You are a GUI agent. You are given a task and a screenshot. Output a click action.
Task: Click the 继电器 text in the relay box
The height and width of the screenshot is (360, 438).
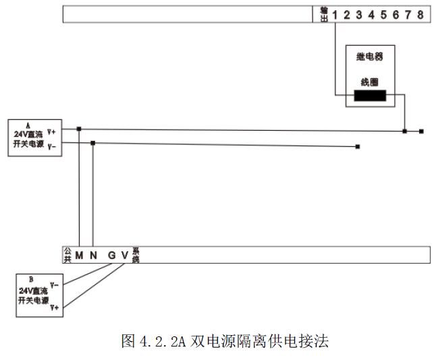369,57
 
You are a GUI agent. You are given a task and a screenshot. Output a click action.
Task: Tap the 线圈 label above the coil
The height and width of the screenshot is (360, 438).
369,82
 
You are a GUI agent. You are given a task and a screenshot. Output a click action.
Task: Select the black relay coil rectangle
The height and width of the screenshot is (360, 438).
371,96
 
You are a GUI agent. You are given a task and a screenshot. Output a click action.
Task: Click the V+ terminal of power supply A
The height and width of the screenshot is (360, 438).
53,132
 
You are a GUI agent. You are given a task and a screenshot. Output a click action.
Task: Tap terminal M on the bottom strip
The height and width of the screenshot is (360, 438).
79,255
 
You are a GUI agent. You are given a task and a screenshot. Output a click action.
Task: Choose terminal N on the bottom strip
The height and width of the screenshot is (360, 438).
93,255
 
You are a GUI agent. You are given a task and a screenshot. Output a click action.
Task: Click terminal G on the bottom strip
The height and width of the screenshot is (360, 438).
112,255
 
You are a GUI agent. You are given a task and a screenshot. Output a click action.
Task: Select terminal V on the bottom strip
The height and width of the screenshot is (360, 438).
124,255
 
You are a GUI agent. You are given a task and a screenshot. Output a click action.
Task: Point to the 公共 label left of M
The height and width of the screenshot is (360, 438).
67,255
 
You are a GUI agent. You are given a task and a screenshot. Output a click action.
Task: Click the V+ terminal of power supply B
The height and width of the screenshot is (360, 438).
54,307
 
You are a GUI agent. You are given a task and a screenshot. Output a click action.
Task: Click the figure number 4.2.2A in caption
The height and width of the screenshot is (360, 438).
162,341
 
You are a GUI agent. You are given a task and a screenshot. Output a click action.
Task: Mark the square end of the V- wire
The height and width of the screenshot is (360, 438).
358,146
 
